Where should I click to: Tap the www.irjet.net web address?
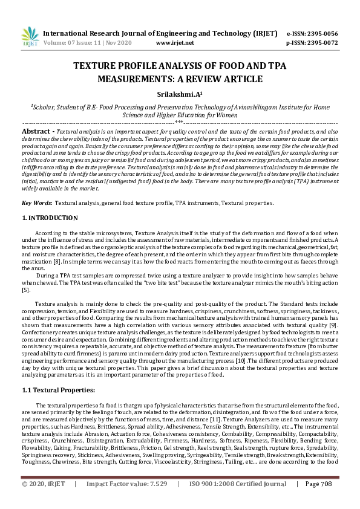coord(175,43)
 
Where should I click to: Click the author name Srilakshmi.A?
coord(179,94)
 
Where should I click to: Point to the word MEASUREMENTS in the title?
coord(116,79)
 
